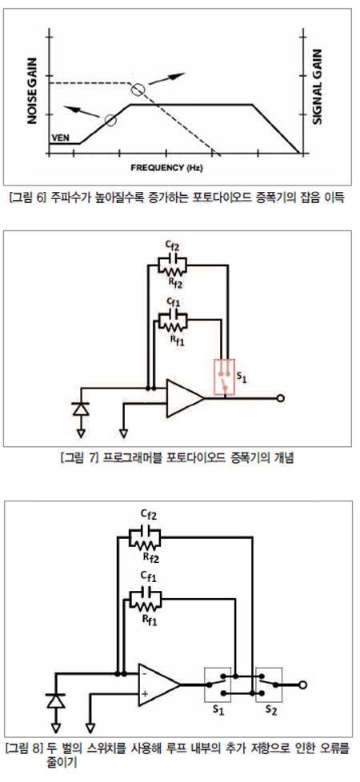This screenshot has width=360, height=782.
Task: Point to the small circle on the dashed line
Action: [x=138, y=90]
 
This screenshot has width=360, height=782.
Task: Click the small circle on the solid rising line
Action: [x=111, y=120]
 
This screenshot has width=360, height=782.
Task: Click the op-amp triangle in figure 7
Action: [x=183, y=397]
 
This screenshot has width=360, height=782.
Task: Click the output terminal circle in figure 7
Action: [x=281, y=398]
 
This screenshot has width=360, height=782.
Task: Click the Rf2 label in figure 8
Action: [x=150, y=557]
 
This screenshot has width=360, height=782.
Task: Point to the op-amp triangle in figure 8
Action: [x=158, y=684]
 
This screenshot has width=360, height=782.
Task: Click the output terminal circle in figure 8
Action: [x=302, y=684]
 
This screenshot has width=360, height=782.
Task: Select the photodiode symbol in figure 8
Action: [x=56, y=700]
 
